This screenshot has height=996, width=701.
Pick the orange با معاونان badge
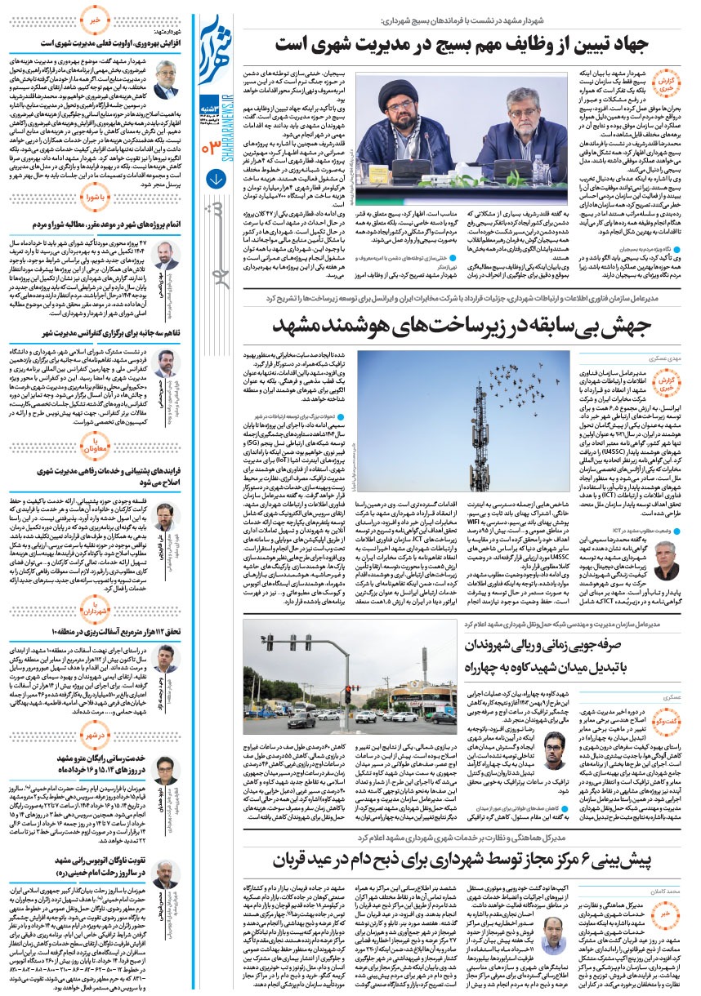tap(94, 446)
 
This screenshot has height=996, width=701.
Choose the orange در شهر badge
tap(94, 734)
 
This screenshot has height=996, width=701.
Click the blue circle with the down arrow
tap(216, 177)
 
